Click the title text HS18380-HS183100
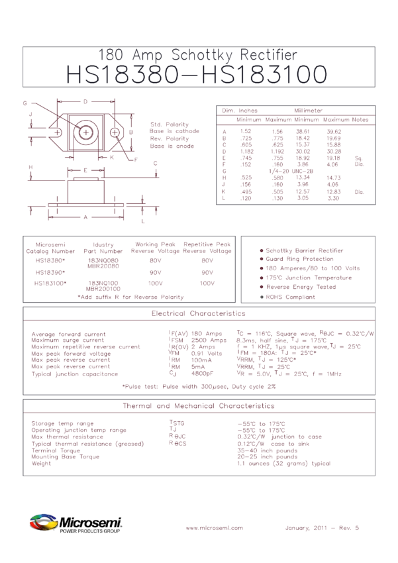click(x=199, y=74)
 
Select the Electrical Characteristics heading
click(x=199, y=313)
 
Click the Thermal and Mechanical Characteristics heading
click(x=199, y=406)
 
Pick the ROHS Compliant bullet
click(x=291, y=297)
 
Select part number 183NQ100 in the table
click(x=103, y=283)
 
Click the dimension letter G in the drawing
click(x=25, y=104)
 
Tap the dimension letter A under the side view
click(x=85, y=217)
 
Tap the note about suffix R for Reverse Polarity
click(x=130, y=297)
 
